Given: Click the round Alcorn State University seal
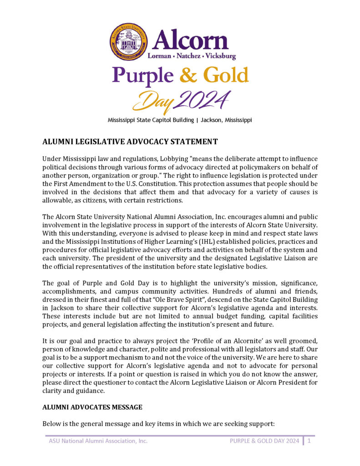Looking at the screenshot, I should pos(129,42).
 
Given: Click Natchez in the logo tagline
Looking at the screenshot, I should pos(188,56).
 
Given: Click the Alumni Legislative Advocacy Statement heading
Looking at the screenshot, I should pos(130,142).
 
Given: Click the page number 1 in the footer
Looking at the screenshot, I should pos(309,441).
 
